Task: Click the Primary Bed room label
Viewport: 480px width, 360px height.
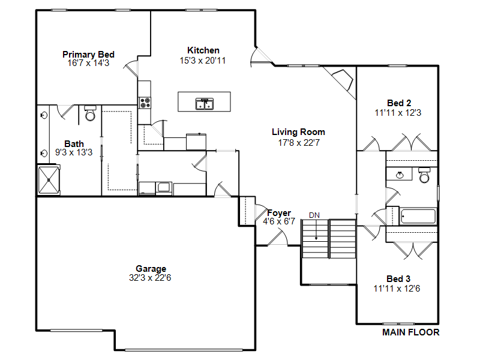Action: point(88,55)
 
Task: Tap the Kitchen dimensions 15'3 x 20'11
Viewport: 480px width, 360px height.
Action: point(203,61)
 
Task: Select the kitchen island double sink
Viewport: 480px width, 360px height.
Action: point(205,104)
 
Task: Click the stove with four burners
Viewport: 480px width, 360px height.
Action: point(145,103)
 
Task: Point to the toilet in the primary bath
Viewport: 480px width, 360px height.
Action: point(90,113)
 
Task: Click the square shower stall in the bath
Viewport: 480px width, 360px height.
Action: point(49,180)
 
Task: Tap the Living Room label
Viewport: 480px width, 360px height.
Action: point(298,132)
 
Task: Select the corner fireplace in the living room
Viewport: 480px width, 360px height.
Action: point(342,80)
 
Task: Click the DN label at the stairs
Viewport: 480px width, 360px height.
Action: point(314,215)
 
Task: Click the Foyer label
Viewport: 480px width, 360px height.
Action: point(279,213)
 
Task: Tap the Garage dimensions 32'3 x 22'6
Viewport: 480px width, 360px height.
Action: point(150,278)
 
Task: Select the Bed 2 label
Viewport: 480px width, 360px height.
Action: point(399,103)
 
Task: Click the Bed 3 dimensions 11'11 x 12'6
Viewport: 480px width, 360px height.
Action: point(397,289)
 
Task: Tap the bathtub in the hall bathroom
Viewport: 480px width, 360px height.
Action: point(418,216)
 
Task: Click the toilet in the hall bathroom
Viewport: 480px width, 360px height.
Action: point(424,175)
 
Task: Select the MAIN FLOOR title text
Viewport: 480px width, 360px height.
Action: point(411,332)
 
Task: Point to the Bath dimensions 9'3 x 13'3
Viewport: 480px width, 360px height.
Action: point(74,152)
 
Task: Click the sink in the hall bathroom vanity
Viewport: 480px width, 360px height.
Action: point(400,175)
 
